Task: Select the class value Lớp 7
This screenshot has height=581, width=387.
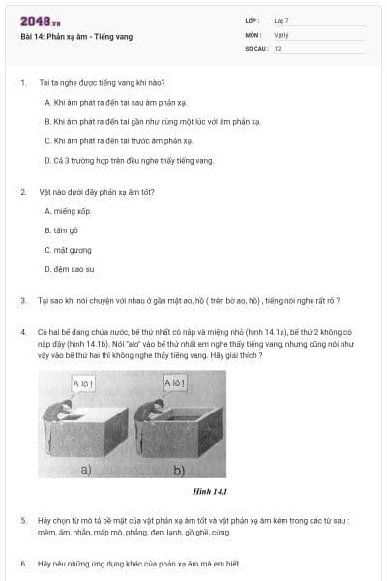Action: (282, 20)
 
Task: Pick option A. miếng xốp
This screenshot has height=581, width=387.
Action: (67, 210)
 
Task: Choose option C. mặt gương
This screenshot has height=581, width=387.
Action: (67, 249)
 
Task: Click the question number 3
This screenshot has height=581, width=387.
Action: (22, 300)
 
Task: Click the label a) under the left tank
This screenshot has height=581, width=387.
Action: (85, 473)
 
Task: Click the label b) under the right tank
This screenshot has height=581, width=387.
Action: (179, 473)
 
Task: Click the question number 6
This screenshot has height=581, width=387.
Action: (22, 562)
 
